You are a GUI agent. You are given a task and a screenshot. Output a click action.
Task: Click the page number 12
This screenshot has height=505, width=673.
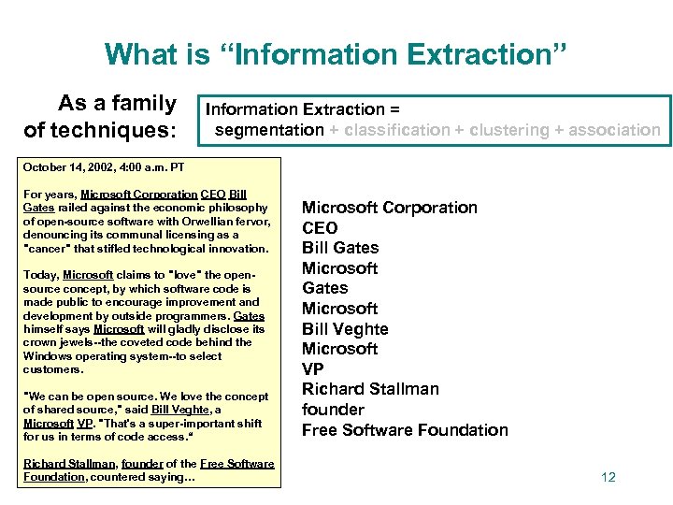[x=609, y=477]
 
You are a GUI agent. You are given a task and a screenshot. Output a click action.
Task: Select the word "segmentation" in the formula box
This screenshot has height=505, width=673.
[x=269, y=130]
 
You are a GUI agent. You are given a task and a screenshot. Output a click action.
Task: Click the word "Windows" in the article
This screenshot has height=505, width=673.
[x=46, y=356]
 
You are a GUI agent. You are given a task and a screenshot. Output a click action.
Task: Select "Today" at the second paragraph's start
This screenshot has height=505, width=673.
[x=39, y=275]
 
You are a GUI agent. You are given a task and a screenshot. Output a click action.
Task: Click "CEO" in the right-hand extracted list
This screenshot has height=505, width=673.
[x=320, y=228]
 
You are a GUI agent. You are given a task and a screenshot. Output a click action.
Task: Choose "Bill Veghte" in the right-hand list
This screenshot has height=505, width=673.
[x=345, y=329]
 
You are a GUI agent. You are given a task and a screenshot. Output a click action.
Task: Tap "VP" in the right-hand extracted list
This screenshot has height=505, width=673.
[x=314, y=369]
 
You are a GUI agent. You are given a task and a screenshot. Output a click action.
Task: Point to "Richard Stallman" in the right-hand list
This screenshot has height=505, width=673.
[x=370, y=389]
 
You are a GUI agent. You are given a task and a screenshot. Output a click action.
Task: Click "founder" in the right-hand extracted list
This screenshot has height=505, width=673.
[x=333, y=410]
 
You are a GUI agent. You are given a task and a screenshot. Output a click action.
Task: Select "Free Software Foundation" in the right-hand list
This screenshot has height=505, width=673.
[x=405, y=430]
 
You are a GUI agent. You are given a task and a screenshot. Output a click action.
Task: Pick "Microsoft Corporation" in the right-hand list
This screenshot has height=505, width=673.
[x=389, y=208]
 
